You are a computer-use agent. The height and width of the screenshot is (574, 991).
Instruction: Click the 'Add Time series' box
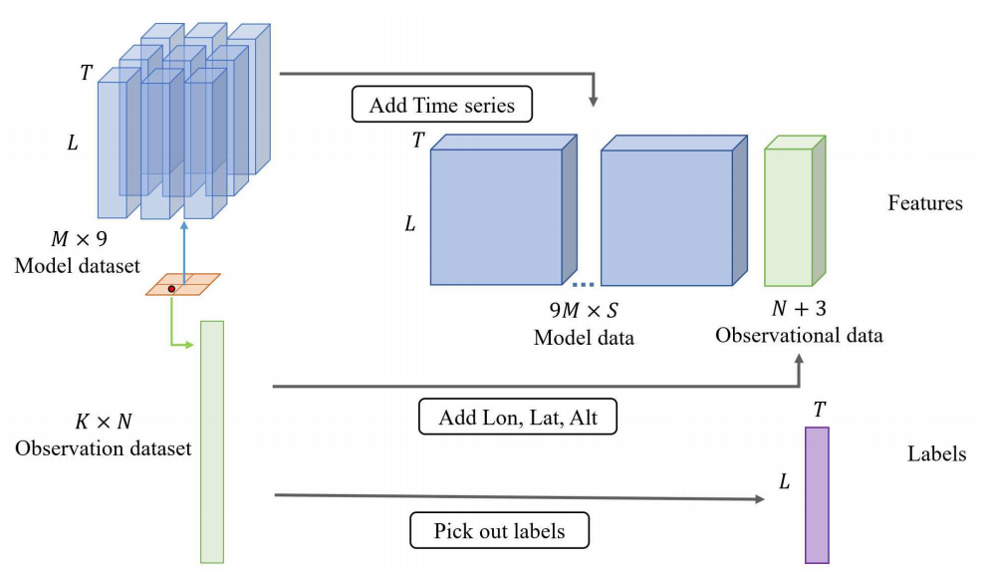[x=442, y=105]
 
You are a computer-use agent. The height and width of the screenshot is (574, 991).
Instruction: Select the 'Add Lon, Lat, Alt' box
[x=518, y=417]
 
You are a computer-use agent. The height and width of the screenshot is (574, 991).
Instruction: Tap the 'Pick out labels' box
[x=499, y=530]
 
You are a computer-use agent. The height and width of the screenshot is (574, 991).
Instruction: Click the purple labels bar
[x=817, y=494]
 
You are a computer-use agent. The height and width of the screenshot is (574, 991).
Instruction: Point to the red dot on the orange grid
[x=172, y=288]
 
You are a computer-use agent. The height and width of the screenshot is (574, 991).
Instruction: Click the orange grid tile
[x=183, y=284]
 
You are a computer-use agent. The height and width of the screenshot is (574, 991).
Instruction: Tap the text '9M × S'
[x=585, y=311]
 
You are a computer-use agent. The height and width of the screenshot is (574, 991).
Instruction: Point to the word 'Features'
[x=925, y=203]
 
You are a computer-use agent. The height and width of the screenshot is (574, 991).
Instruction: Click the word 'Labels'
[x=936, y=454]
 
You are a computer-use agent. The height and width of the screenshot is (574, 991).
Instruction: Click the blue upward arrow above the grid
[x=183, y=249]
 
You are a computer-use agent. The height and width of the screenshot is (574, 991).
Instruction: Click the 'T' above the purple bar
[x=818, y=409]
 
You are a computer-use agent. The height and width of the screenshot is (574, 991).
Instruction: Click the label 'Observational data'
[x=799, y=335]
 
